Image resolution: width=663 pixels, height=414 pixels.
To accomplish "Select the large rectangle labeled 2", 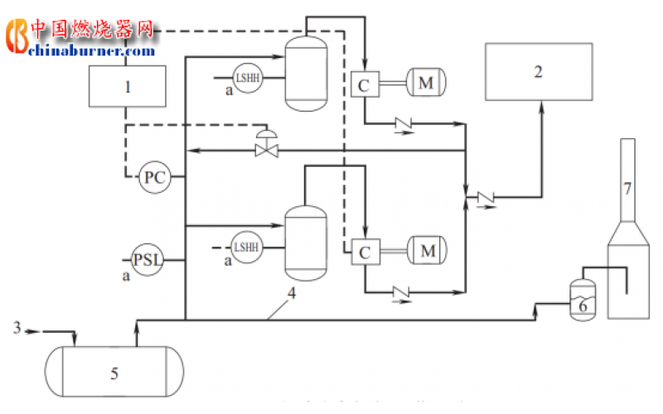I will (x=539, y=71).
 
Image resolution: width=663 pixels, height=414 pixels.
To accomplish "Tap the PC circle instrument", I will (x=153, y=177).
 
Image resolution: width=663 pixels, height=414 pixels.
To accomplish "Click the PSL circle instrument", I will (x=150, y=260).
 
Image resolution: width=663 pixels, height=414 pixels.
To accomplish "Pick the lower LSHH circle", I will (x=246, y=247).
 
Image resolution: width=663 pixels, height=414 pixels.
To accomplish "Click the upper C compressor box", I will (x=364, y=84).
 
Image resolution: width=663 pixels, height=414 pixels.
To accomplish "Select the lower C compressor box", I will (x=364, y=251).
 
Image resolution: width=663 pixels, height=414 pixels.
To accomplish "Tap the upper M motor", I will (x=426, y=83).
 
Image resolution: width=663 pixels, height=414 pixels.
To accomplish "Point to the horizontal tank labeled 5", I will (x=114, y=373).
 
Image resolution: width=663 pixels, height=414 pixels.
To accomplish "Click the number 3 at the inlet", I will (x=17, y=329).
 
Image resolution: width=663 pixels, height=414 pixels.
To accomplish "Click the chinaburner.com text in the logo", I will (x=91, y=51).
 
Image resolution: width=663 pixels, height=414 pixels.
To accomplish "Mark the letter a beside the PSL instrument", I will (x=126, y=275).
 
